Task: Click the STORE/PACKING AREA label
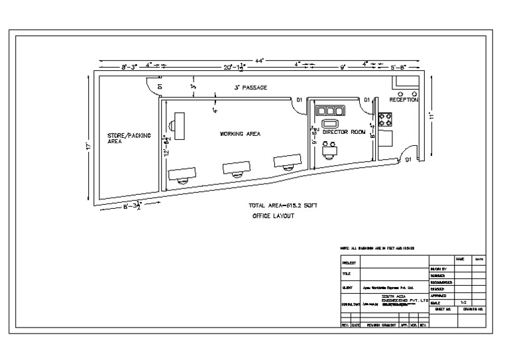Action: click(x=129, y=138)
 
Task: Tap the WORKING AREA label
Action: click(x=240, y=134)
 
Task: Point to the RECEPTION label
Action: click(x=404, y=99)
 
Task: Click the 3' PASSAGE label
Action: click(x=250, y=88)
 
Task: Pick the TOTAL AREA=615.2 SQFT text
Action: click(x=282, y=206)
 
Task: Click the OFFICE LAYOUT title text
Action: click(x=274, y=216)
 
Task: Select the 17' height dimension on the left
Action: click(x=88, y=145)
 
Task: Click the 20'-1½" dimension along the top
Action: click(x=235, y=67)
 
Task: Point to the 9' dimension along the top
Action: click(x=343, y=67)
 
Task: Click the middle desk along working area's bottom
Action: click(x=237, y=168)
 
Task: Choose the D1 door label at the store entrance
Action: click(x=160, y=85)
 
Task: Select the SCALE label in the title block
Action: click(x=436, y=302)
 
